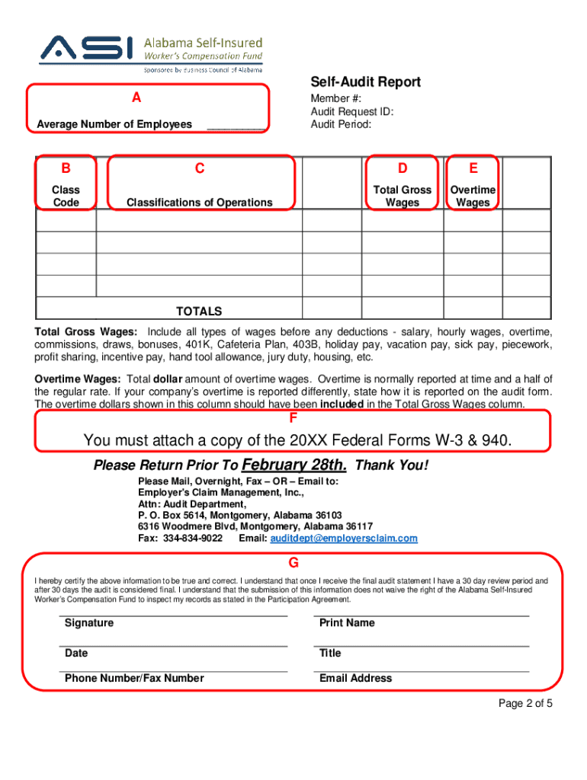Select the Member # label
click(x=335, y=99)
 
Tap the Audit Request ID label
click(x=351, y=111)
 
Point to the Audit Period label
click(x=340, y=123)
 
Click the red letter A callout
click(x=136, y=97)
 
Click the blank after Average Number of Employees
click(x=236, y=124)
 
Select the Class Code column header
click(x=66, y=196)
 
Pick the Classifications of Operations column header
click(x=199, y=202)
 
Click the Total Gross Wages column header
click(x=402, y=196)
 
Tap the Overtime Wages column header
click(x=473, y=196)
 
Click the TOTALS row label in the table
click(x=199, y=311)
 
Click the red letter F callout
click(x=293, y=418)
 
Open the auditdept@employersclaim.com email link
click(x=344, y=538)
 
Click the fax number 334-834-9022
click(x=193, y=538)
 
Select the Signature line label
click(x=89, y=623)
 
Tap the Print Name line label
click(x=347, y=623)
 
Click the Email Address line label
click(x=355, y=678)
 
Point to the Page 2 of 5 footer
click(x=524, y=703)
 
